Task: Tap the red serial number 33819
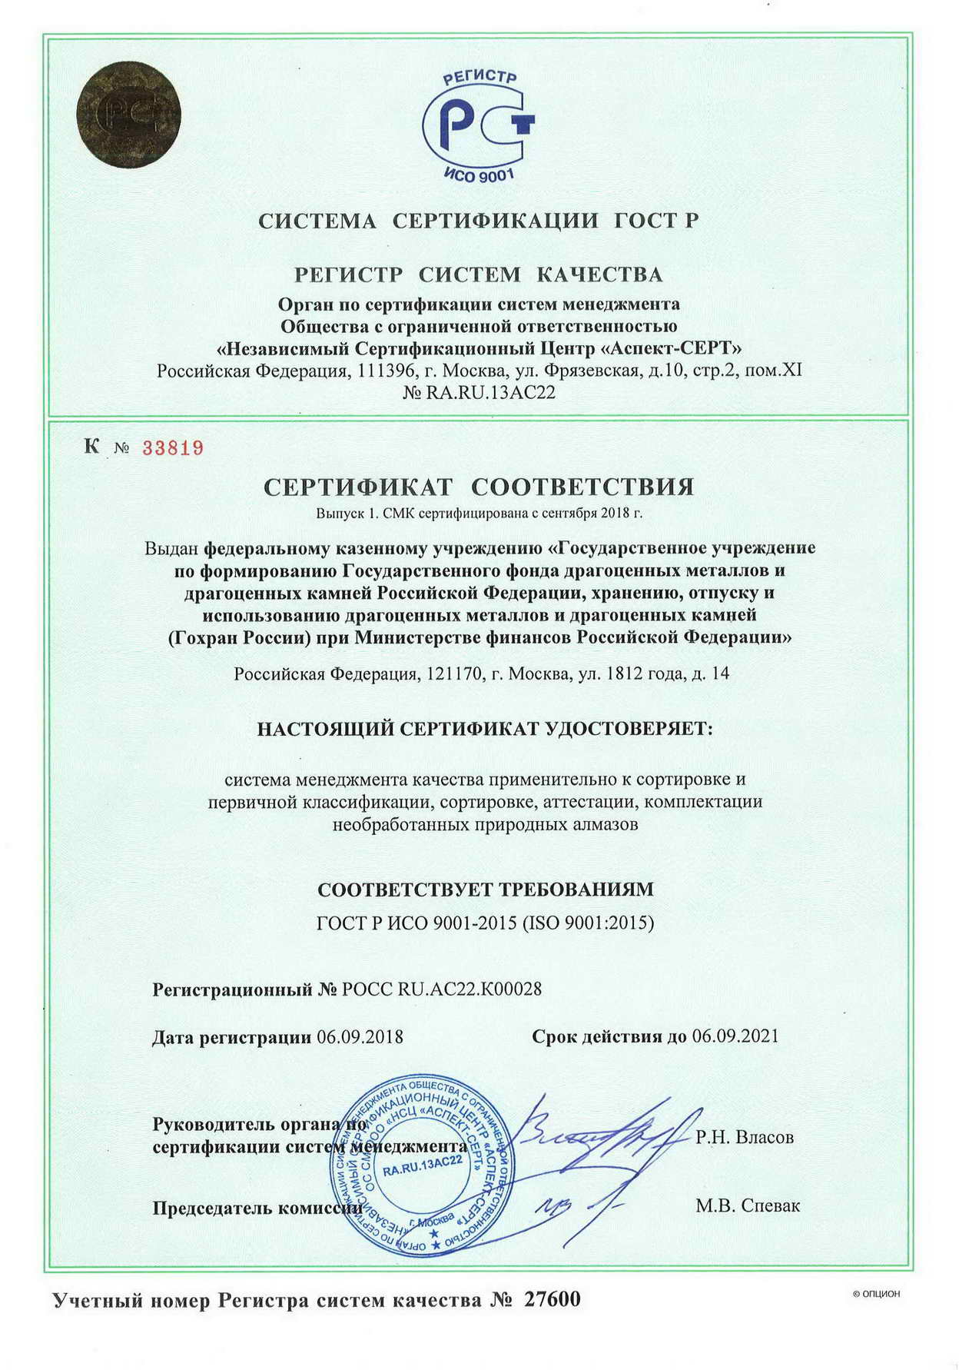pyautogui.click(x=173, y=448)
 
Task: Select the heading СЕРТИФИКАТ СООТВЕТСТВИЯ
pyautogui.click(x=479, y=487)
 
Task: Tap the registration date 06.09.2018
pyautogui.click(x=360, y=1036)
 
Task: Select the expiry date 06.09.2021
pyautogui.click(x=735, y=1036)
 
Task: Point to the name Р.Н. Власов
pyautogui.click(x=745, y=1136)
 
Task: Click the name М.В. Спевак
pyautogui.click(x=748, y=1205)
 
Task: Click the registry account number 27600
pyautogui.click(x=553, y=1300)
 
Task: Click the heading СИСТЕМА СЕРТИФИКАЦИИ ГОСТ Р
pyautogui.click(x=479, y=221)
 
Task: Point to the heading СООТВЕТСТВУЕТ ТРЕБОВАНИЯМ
pyautogui.click(x=486, y=890)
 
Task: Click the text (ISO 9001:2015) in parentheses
pyautogui.click(x=588, y=923)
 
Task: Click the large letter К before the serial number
pyautogui.click(x=92, y=446)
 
